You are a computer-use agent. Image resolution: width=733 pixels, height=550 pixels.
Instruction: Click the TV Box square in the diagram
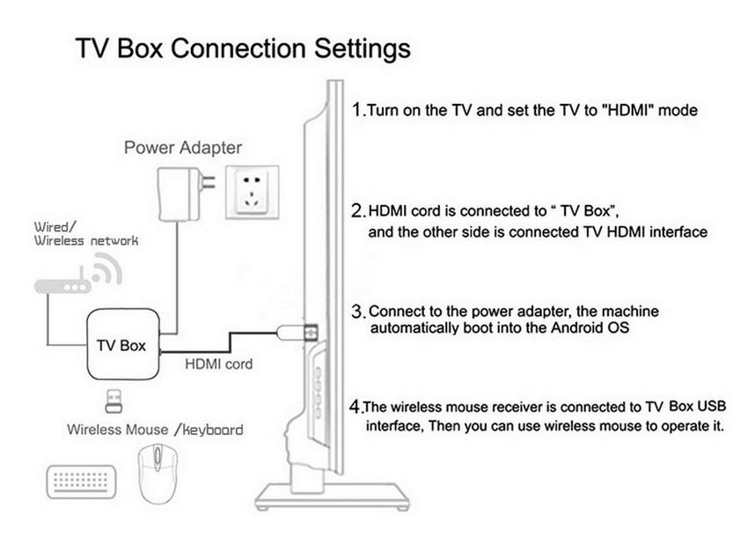click(121, 344)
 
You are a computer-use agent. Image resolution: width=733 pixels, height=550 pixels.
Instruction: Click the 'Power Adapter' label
click(182, 147)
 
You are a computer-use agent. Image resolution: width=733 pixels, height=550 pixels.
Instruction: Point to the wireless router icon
click(62, 286)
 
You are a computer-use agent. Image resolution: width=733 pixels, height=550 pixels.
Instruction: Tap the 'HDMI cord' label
click(218, 363)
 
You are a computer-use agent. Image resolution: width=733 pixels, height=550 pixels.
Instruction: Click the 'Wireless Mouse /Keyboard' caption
click(155, 429)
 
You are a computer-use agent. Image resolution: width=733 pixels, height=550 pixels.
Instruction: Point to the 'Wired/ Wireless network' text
click(84, 233)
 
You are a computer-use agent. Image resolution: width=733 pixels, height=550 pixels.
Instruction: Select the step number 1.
click(356, 110)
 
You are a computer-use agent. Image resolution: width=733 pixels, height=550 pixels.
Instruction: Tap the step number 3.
click(357, 312)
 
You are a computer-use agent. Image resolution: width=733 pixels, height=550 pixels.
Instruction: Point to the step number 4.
click(356, 407)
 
